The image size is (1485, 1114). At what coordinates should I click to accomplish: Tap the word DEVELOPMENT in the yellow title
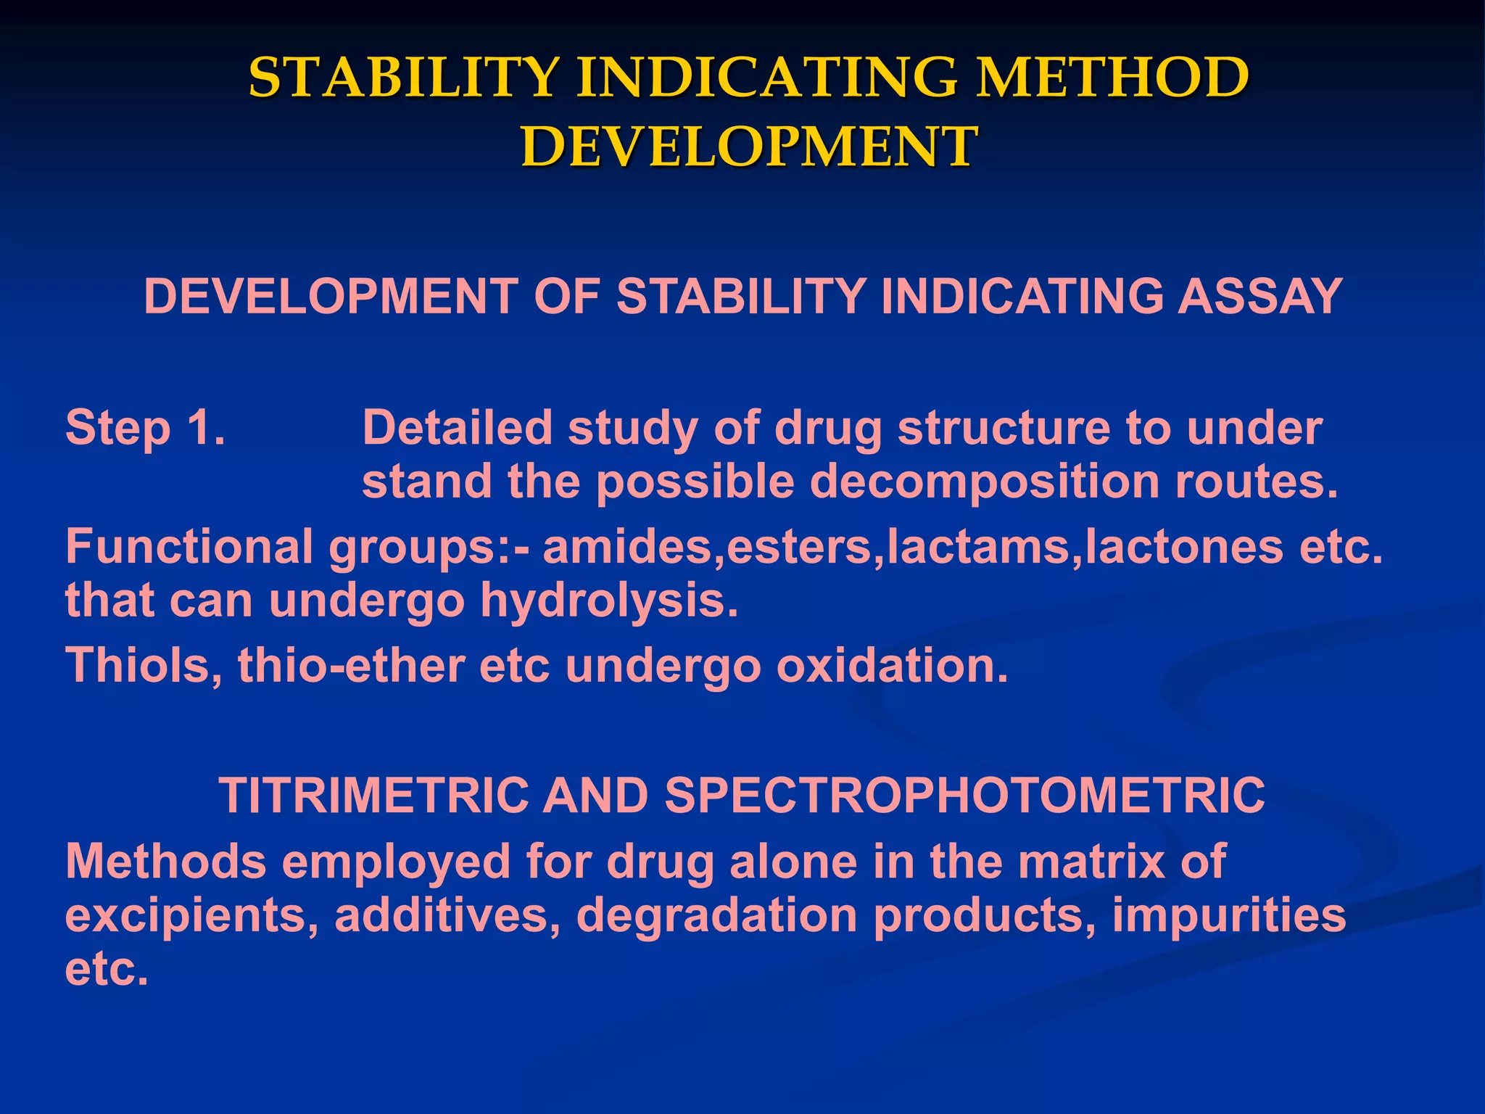click(750, 147)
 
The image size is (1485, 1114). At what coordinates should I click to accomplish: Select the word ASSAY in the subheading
click(1259, 297)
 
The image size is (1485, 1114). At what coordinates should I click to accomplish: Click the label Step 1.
click(145, 428)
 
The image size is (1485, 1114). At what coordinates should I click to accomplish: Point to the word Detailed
click(457, 428)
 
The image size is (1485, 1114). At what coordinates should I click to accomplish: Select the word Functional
click(189, 547)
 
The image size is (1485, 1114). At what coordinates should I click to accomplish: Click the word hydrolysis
click(609, 602)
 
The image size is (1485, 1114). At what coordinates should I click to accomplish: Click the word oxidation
click(892, 665)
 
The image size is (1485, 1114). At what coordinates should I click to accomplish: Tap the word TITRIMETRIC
click(373, 796)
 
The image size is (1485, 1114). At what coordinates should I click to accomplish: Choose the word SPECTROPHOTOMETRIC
click(964, 796)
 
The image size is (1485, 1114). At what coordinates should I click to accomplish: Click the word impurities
click(1228, 916)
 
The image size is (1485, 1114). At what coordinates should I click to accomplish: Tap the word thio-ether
click(351, 665)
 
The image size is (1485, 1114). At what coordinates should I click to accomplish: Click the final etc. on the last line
click(106, 970)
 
